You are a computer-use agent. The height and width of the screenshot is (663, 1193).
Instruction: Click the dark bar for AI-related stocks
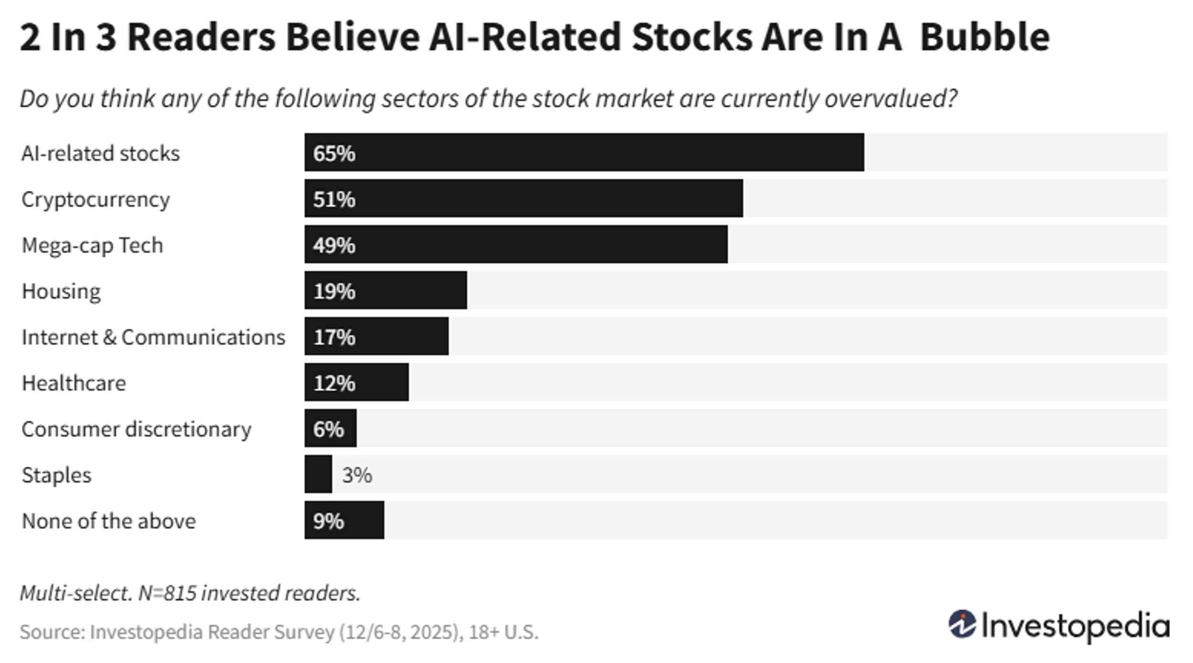584,152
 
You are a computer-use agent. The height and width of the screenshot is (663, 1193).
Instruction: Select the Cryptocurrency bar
523,198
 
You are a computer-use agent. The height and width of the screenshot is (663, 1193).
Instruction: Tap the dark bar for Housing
385,290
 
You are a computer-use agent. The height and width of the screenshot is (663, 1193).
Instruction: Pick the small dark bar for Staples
318,474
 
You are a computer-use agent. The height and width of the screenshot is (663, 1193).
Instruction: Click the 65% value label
334,153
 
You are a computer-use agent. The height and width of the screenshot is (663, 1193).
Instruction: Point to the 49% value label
334,245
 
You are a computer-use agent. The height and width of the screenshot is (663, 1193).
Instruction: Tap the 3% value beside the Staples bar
357,475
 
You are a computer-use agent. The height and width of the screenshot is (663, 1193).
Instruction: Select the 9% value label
328,521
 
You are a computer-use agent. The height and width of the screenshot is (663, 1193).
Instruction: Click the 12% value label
334,383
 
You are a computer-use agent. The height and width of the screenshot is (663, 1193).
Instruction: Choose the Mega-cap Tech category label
92,246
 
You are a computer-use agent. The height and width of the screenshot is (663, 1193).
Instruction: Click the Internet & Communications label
153,337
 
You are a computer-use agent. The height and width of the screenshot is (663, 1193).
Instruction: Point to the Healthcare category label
74,383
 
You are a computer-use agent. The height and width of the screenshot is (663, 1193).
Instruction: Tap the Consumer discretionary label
136,429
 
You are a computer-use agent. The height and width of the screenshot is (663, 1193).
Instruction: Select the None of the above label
109,521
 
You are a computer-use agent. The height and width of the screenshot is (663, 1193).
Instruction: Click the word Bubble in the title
985,37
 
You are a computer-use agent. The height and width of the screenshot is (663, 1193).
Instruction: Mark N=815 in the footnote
167,593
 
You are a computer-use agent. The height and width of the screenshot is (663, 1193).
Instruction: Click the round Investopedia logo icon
962,624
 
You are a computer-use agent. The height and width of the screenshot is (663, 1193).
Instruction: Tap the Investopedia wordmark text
1075,626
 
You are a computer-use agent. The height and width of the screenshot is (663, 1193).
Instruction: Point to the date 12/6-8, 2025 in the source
399,632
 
